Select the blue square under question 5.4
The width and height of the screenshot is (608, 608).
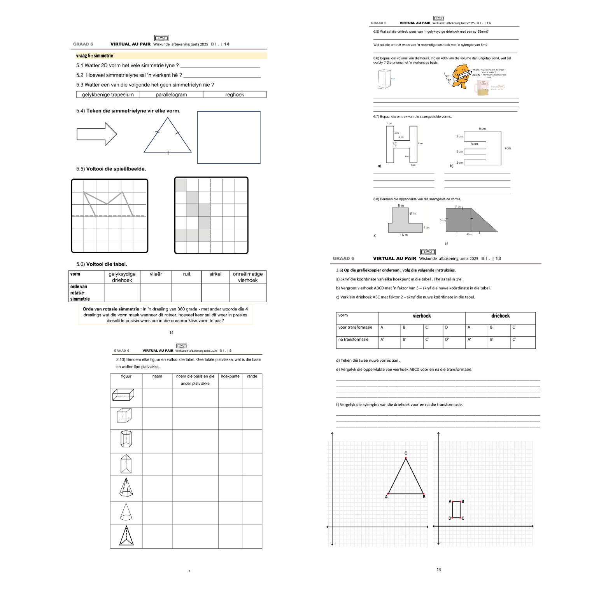(229, 137)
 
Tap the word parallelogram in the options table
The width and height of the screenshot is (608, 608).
(171, 95)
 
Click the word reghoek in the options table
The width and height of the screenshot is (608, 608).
(235, 95)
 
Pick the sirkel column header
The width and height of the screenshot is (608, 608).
(215, 274)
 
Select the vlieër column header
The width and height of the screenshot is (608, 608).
(156, 274)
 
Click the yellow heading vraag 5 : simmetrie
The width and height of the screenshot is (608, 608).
(95, 56)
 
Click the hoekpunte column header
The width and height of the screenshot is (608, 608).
(230, 376)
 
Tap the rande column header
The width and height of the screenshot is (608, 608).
(252, 376)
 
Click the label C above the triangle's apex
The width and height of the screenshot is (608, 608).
(406, 453)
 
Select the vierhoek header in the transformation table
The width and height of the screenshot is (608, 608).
(422, 316)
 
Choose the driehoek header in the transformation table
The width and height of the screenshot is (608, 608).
(500, 316)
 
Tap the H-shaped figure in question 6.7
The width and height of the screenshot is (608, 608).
(402, 144)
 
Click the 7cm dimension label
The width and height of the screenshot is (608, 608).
(508, 148)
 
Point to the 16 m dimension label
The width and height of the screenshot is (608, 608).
(404, 235)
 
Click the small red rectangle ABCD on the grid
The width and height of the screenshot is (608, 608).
(456, 510)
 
